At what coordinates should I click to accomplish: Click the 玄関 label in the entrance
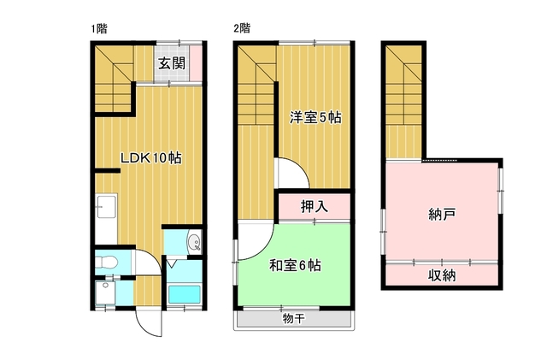pyautogui.click(x=172, y=63)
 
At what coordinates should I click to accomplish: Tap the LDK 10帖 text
pyautogui.click(x=151, y=158)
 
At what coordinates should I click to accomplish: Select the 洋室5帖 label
pyautogui.click(x=315, y=117)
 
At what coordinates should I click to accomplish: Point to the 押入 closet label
pyautogui.click(x=315, y=206)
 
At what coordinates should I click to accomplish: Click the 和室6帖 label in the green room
pyautogui.click(x=295, y=266)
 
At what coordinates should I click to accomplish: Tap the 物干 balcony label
pyautogui.click(x=294, y=318)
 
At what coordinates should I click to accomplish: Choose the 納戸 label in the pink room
pyautogui.click(x=442, y=214)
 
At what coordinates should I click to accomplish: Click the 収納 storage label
pyautogui.click(x=442, y=276)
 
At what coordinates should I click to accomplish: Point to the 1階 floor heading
pyautogui.click(x=99, y=28)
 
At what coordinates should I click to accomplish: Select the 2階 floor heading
pyautogui.click(x=242, y=28)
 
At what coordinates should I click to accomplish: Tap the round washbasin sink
pyautogui.click(x=194, y=242)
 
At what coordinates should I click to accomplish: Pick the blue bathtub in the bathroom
pyautogui.click(x=185, y=294)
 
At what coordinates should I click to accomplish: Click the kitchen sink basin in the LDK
pyautogui.click(x=106, y=206)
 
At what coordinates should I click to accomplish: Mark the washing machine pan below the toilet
pyautogui.click(x=105, y=292)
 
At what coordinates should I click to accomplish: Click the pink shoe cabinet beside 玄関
pyautogui.click(x=196, y=63)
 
